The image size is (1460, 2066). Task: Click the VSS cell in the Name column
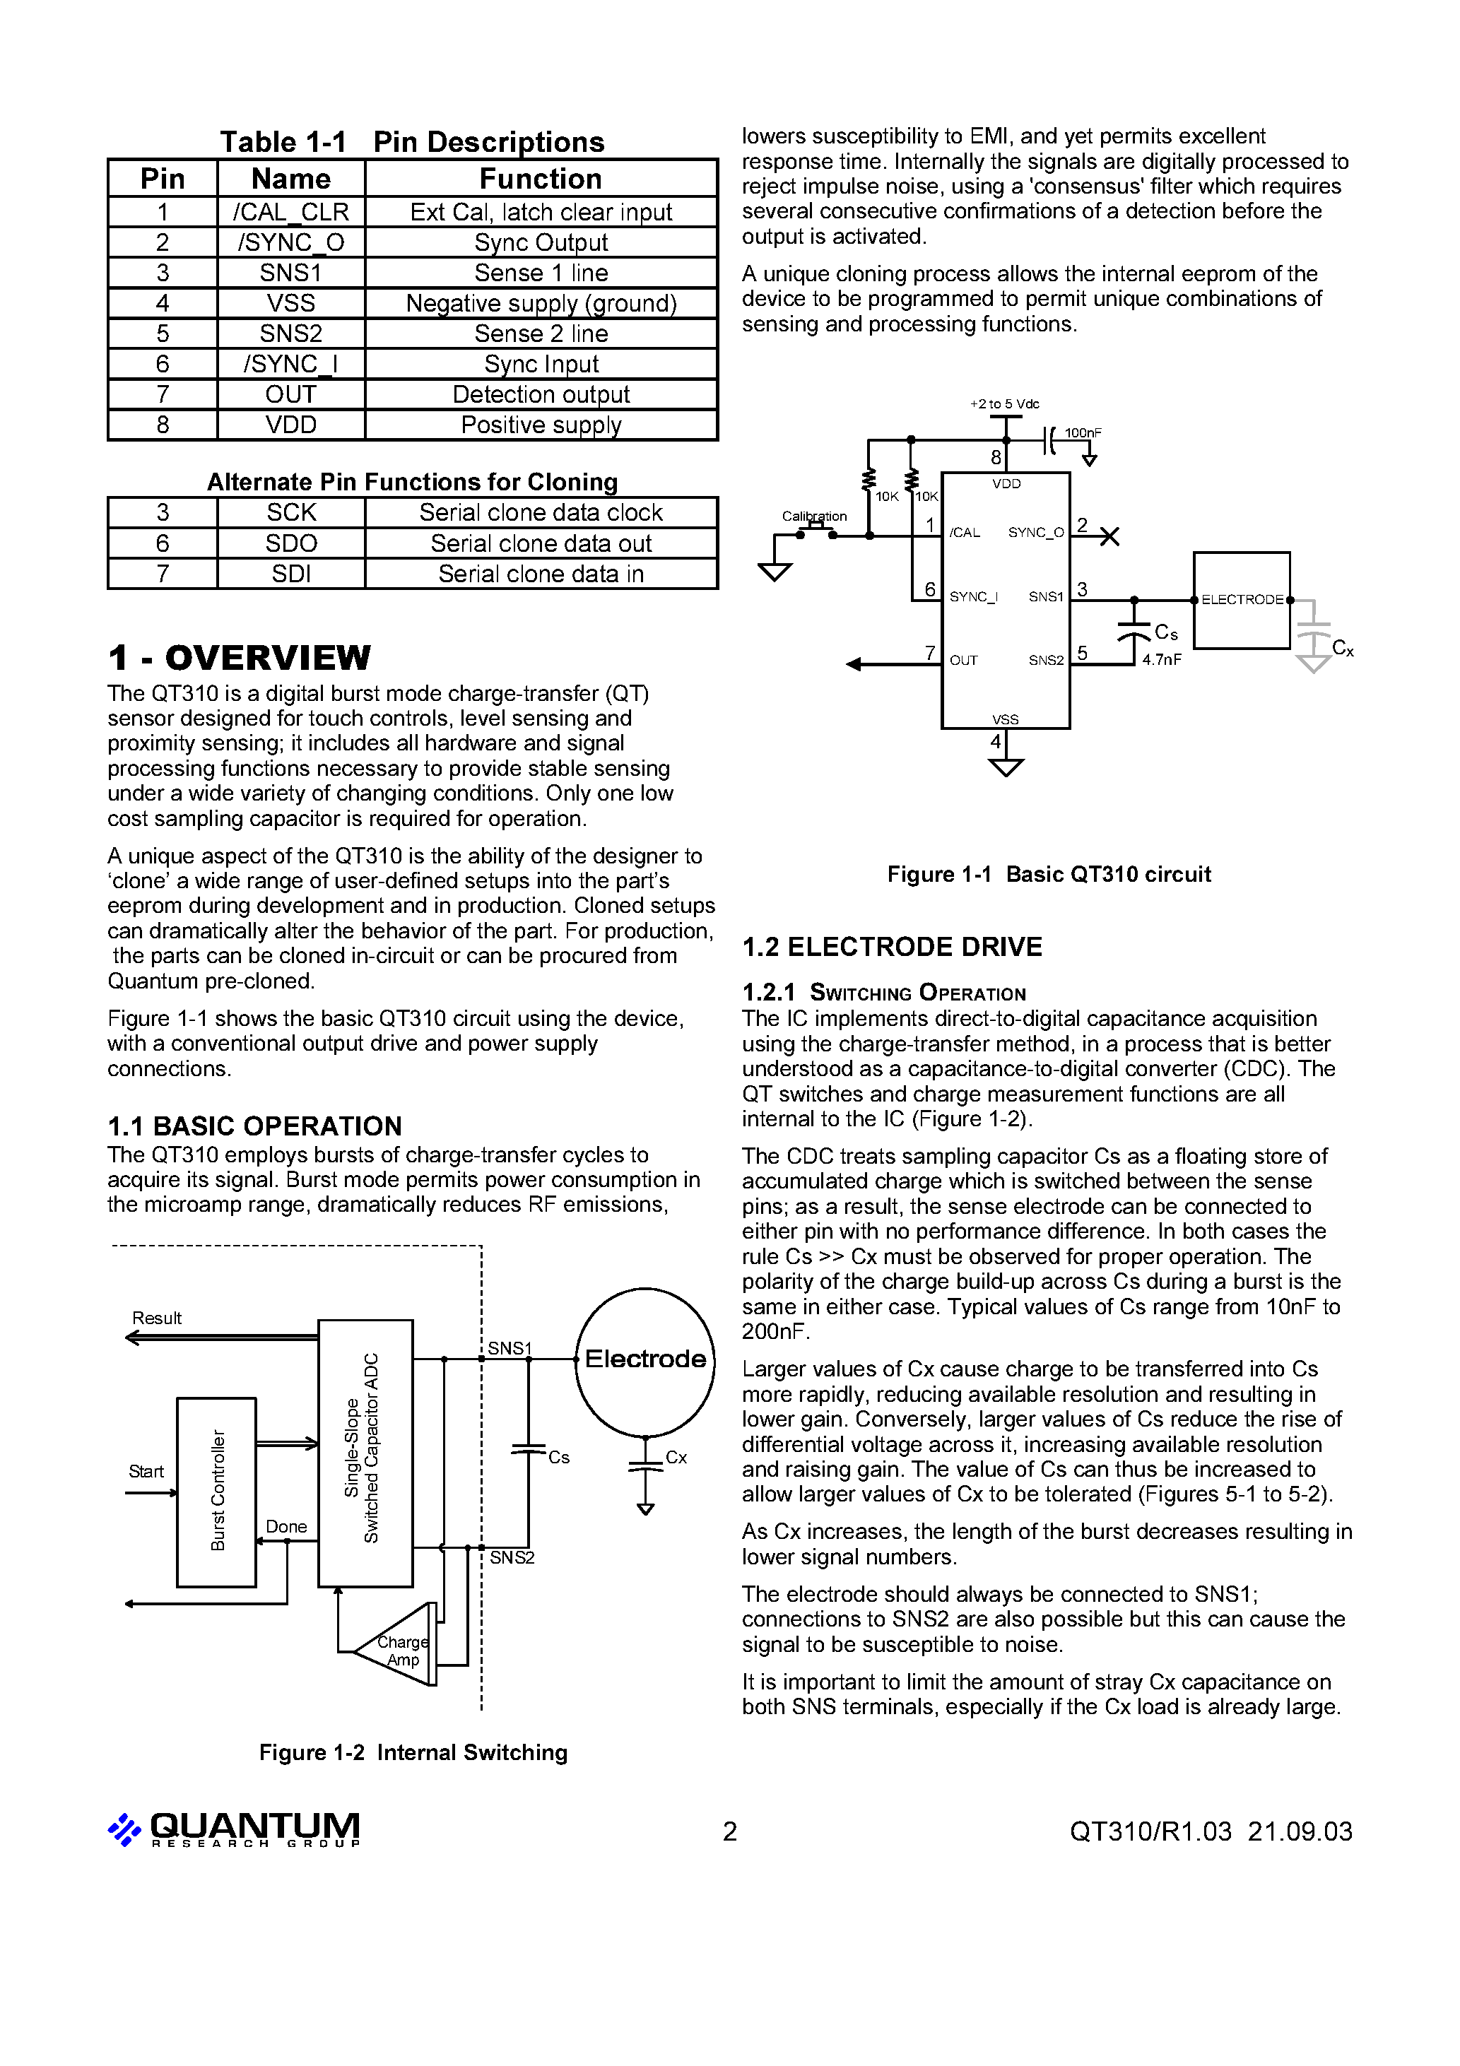point(290,303)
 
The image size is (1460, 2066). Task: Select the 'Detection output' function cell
point(541,395)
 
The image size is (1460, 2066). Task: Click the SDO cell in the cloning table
point(290,543)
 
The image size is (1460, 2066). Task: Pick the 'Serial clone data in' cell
point(541,574)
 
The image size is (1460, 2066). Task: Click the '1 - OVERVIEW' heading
point(239,658)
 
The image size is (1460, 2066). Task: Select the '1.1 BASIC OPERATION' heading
point(254,1126)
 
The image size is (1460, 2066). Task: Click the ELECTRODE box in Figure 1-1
point(1241,600)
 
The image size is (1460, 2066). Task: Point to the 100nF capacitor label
point(1083,433)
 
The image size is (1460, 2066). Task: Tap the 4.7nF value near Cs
point(1161,659)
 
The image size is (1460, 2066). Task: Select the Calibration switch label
point(813,516)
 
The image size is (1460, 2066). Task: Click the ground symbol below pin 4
point(1006,767)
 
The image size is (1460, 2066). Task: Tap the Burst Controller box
point(217,1492)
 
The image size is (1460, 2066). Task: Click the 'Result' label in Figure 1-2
point(157,1318)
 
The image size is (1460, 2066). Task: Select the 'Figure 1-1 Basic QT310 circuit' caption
point(1049,875)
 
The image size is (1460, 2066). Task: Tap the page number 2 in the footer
point(730,1832)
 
